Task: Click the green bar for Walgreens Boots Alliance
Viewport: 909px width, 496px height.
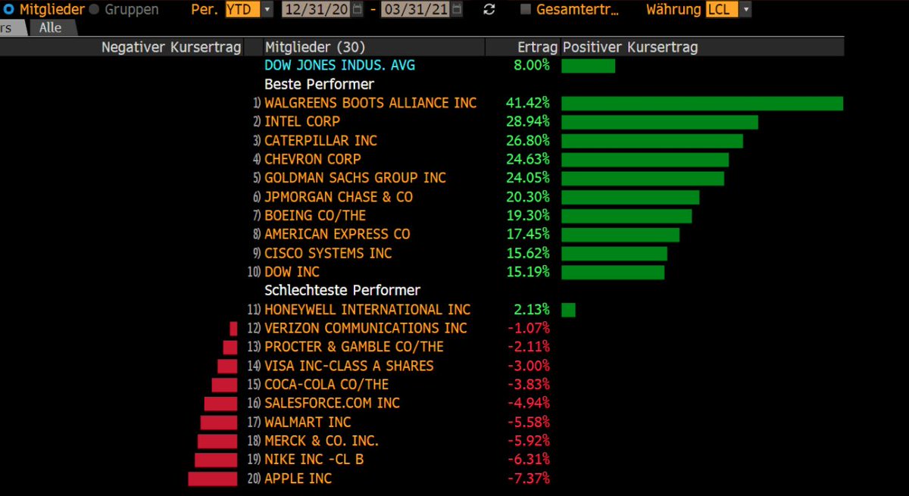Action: pos(701,103)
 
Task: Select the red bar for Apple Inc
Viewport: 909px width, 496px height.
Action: pos(213,479)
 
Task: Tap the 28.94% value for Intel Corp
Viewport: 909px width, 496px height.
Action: pos(527,122)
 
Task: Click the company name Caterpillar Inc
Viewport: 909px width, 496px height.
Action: pos(320,141)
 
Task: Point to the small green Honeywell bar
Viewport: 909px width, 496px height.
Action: pos(568,310)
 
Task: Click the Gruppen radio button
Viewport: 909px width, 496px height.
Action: pos(94,10)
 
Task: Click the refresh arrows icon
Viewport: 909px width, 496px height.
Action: pos(489,10)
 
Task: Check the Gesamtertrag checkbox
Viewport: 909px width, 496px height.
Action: pos(526,10)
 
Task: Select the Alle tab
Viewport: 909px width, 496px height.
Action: pos(52,27)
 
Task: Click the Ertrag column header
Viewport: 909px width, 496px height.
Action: pos(537,47)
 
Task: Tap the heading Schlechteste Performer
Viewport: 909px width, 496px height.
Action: pos(342,291)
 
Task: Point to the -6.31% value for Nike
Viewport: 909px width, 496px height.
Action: pos(527,460)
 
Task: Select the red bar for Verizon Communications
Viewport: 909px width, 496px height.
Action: pos(233,329)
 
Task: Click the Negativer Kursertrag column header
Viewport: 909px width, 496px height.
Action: pos(171,47)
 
